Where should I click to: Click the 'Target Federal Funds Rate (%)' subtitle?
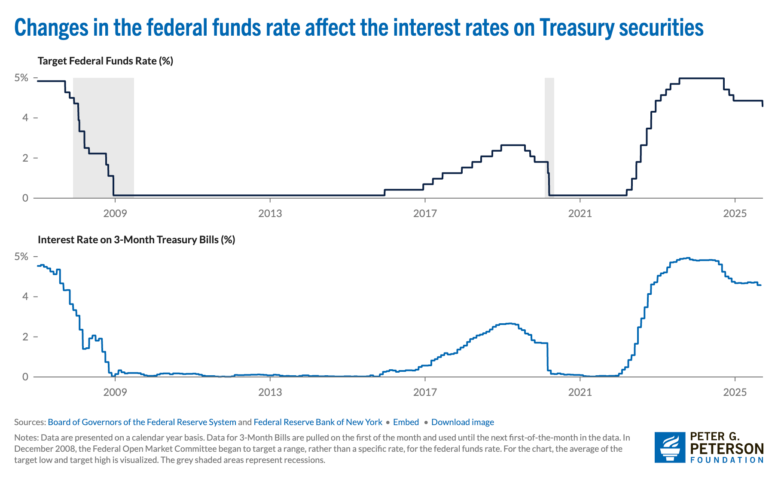point(105,61)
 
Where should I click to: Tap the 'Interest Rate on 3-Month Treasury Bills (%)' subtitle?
point(136,240)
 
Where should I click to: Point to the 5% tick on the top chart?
point(21,78)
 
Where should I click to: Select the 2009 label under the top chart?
point(115,213)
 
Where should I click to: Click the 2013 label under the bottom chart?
point(270,392)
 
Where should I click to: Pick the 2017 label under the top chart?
point(425,213)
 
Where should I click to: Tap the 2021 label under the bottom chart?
point(580,392)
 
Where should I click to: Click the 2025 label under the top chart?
point(735,213)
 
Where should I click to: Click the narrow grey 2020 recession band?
point(549,138)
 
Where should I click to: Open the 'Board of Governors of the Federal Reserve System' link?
point(142,422)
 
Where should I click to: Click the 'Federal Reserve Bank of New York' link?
point(318,422)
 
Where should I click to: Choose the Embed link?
point(406,422)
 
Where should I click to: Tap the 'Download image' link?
point(463,422)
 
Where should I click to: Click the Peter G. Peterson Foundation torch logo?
point(670,447)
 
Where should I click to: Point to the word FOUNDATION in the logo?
point(726,460)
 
